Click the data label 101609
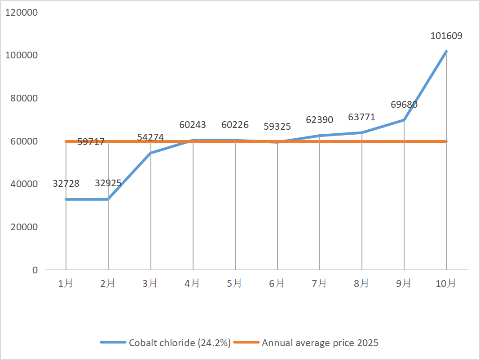point(446,36)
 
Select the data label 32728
point(66,184)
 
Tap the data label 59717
point(91,142)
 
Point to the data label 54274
point(150,137)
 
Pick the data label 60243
point(193,125)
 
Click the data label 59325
point(277,127)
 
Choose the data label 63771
point(361,118)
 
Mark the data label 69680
point(404,105)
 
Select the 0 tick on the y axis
point(34,270)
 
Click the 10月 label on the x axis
point(446,283)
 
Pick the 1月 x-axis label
point(66,283)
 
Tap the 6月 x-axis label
point(277,283)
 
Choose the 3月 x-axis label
point(150,283)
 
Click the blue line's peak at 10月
point(446,52)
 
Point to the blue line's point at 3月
point(150,153)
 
